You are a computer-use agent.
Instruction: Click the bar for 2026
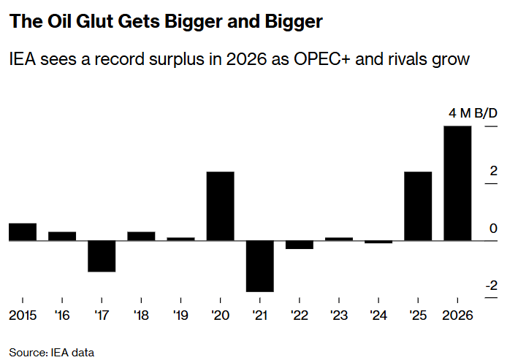pos(457,183)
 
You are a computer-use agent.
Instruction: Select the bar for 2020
pos(220,206)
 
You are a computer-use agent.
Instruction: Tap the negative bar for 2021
pos(259,266)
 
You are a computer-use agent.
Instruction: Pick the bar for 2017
pos(102,256)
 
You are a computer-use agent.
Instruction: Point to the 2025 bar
pos(418,206)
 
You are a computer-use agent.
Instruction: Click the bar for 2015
pos(23,231)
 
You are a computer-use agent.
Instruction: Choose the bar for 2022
pos(300,245)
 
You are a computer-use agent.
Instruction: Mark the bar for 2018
pos(141,236)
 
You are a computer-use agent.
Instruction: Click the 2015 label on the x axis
pos(23,315)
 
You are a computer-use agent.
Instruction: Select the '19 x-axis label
pos(180,315)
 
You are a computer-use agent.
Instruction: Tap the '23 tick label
pos(339,315)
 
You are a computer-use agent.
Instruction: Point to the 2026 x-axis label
pos(457,315)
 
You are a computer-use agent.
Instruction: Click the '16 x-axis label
pos(62,315)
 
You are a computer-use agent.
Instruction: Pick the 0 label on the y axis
pos(493,229)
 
